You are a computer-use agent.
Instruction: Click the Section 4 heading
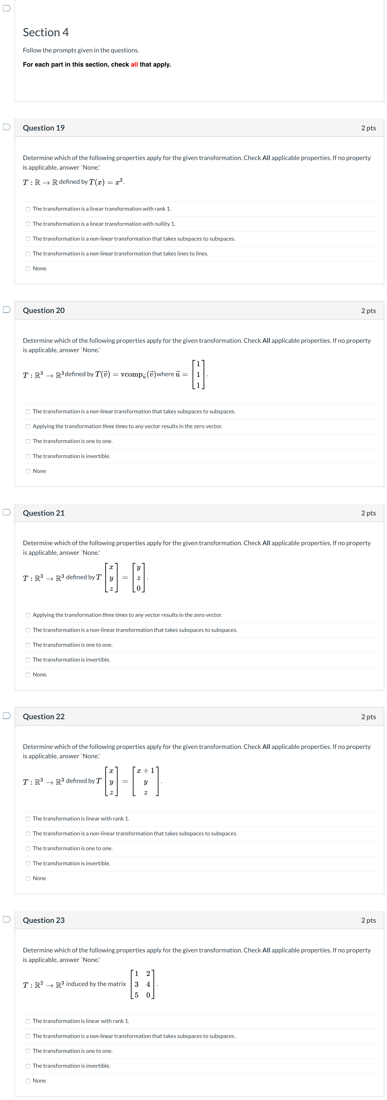click(x=46, y=33)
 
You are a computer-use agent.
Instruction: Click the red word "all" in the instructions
click(x=134, y=64)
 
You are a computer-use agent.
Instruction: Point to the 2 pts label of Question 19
click(x=368, y=128)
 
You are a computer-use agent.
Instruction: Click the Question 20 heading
click(x=43, y=310)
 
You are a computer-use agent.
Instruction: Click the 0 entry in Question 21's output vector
click(x=138, y=588)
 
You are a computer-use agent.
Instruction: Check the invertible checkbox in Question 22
click(x=28, y=864)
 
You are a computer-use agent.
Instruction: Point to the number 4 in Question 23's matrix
click(x=148, y=984)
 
